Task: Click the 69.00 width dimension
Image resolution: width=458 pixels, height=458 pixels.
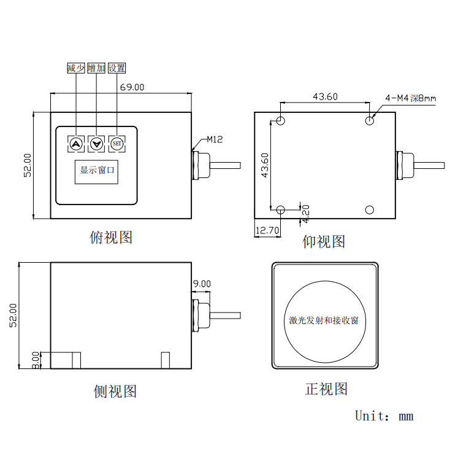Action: coord(132,87)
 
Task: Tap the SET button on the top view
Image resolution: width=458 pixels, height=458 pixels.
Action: coord(117,144)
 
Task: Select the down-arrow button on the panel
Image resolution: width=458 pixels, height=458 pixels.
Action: coord(96,144)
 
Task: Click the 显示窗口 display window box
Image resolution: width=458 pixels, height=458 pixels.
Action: coord(97,170)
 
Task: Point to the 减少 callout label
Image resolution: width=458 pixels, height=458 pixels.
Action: coord(76,68)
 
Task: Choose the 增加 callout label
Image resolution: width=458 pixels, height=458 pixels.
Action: coord(96,68)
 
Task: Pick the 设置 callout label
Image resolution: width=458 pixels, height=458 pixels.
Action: coord(117,68)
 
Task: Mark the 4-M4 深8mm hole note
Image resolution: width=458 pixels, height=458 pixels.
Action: coord(410,98)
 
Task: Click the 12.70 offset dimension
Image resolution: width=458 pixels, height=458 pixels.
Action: coord(267,231)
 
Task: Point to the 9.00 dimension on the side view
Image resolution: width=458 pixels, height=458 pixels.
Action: coord(202,284)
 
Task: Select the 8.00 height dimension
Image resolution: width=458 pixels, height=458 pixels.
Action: coord(36,360)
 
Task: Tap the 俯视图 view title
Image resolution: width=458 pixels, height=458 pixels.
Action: coord(111,237)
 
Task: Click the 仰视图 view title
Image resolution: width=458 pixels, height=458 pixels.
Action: coord(324,241)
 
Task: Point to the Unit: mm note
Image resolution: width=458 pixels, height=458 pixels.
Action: coord(384,416)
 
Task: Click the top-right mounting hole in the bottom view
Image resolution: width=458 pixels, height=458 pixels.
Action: coord(370,120)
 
